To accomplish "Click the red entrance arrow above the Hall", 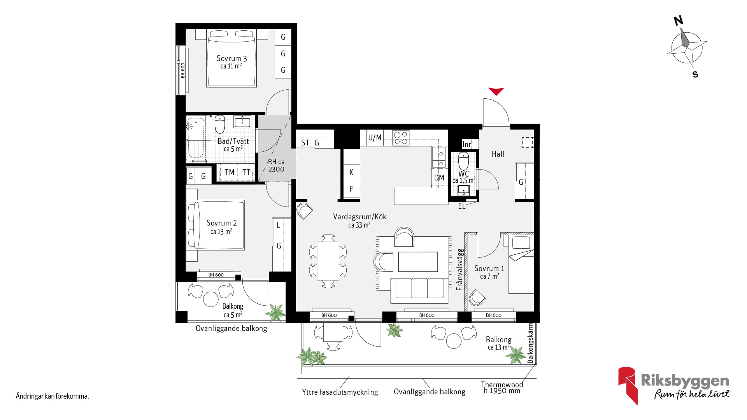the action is (496, 91).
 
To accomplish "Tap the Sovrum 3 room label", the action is (231, 59).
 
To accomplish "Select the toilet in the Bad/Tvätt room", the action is (220, 124).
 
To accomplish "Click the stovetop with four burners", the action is (401, 138).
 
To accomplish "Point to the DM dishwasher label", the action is (439, 178).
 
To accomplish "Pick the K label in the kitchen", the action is (351, 172).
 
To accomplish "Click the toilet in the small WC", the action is (463, 161).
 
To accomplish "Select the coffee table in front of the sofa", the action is (418, 262).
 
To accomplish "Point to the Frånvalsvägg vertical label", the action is (460, 269).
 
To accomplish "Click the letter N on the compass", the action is (679, 20).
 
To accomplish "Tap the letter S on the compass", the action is (695, 74).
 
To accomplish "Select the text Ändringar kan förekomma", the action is (52, 396).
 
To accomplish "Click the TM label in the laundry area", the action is (230, 172).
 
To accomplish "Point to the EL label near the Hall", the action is (462, 206).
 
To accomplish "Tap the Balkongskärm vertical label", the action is (530, 343).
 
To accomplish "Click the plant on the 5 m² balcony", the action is (275, 313).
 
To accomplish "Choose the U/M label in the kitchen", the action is (375, 138).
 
